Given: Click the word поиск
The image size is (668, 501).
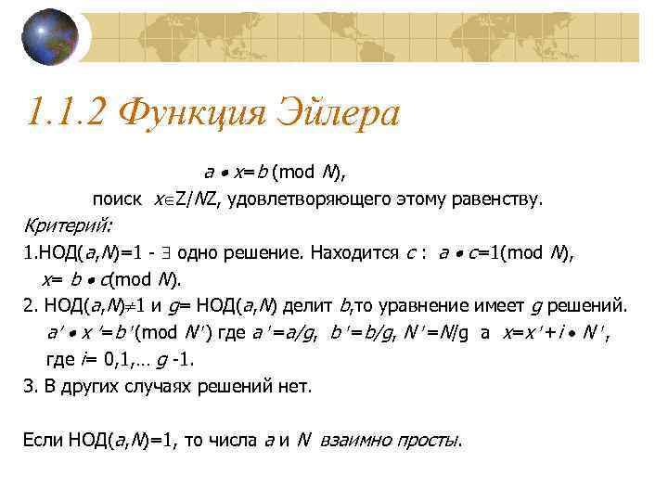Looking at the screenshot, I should click(x=116, y=199).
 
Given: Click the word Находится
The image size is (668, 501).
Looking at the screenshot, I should click(x=355, y=252).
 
